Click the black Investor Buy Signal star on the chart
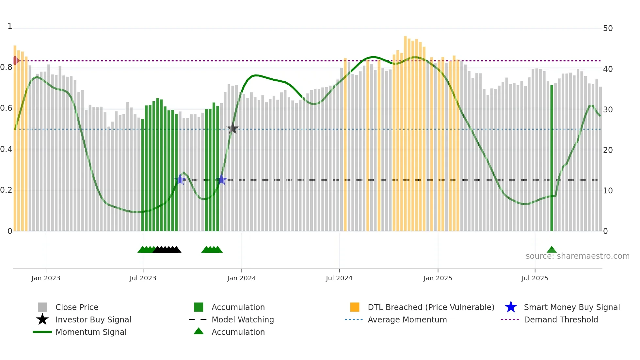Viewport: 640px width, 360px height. point(232,129)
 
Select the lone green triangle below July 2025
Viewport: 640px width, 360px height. point(552,250)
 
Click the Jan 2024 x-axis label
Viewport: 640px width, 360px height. point(241,278)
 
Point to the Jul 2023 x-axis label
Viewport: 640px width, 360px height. point(143,278)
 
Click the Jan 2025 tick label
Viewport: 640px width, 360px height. point(438,278)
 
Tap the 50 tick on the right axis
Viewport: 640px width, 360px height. point(608,28)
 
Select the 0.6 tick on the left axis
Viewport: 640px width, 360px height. point(7,108)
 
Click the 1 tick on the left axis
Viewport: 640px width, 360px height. point(10,26)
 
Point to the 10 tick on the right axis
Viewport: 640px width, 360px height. point(608,190)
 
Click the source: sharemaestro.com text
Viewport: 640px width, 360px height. point(577,256)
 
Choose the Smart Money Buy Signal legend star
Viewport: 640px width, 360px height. point(511,307)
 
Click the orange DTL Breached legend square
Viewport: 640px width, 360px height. point(355,307)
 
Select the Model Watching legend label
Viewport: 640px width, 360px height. point(243,319)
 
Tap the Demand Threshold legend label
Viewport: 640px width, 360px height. point(561,319)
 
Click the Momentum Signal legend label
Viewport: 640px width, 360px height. point(91,332)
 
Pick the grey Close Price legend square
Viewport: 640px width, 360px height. point(42,307)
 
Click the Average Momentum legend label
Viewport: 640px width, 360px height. point(407,319)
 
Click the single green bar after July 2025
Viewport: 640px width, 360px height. point(552,157)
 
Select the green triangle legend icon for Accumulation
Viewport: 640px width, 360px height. point(199,331)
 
